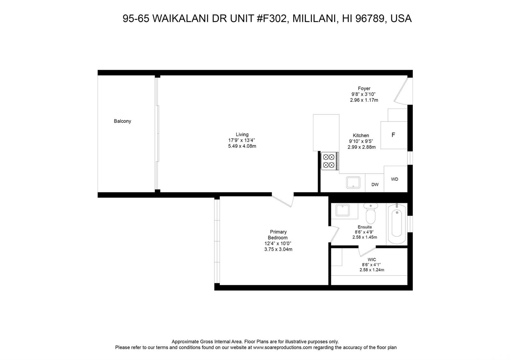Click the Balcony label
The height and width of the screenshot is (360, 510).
[122, 121]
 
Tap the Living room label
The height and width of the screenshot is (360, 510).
[242, 134]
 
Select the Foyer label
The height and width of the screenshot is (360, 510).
[364, 88]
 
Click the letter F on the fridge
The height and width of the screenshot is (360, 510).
[393, 135]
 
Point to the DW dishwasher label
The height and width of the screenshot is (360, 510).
[375, 184]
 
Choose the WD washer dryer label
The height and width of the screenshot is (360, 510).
[395, 179]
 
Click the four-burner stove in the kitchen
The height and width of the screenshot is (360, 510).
[330, 161]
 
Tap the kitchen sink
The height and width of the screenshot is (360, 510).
[353, 183]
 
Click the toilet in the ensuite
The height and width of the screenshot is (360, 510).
[370, 213]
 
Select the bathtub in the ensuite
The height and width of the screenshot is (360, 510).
[397, 224]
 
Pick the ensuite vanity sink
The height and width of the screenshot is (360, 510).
[342, 210]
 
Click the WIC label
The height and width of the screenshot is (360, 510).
[372, 259]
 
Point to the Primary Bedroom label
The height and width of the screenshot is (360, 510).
[278, 234]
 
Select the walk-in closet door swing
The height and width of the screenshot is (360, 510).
[367, 251]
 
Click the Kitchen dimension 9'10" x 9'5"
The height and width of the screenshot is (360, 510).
[361, 141]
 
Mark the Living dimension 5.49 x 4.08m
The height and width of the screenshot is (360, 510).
[242, 146]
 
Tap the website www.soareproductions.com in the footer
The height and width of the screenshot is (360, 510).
[282, 348]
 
